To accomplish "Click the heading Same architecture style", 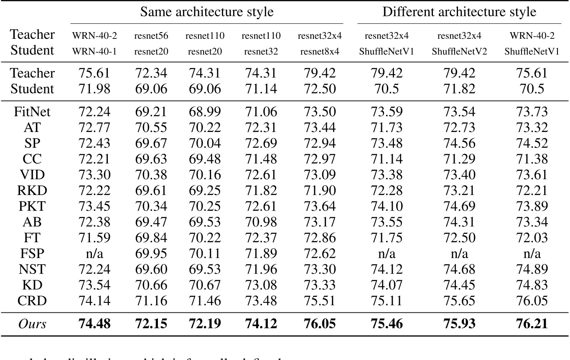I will [206, 12].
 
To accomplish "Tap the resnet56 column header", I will [150, 36].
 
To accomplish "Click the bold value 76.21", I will [532, 324].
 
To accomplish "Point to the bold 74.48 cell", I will [94, 324].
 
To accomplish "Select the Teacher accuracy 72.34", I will [150, 73].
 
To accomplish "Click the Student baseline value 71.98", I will [94, 89].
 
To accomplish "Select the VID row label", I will [33, 175].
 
